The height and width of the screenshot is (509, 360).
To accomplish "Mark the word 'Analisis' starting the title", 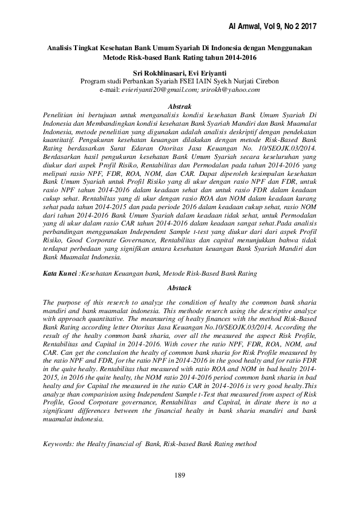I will click(x=64, y=48).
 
